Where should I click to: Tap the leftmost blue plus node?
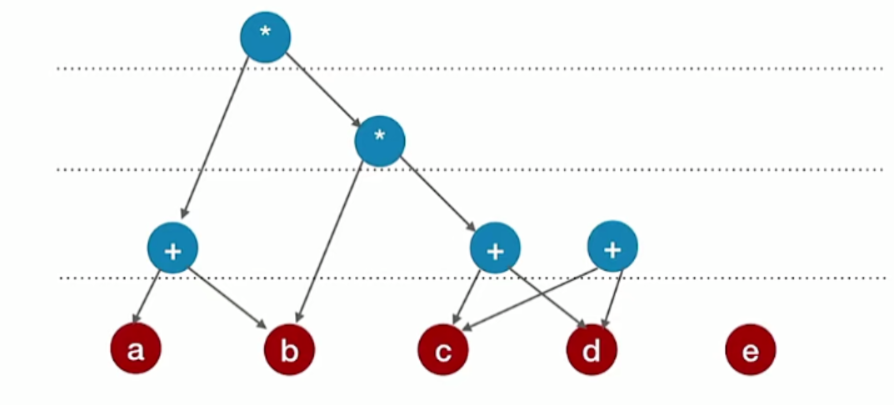[x=172, y=247]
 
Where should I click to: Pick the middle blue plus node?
[x=495, y=247]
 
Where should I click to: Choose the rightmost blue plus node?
[x=612, y=247]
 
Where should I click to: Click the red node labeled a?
[x=135, y=349]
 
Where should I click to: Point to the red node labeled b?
[x=289, y=349]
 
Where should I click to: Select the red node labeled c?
[x=443, y=349]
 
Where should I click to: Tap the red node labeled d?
[x=592, y=349]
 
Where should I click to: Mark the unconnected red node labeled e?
[x=750, y=349]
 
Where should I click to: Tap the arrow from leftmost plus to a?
[x=147, y=296]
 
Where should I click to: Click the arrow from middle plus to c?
[x=469, y=292]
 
